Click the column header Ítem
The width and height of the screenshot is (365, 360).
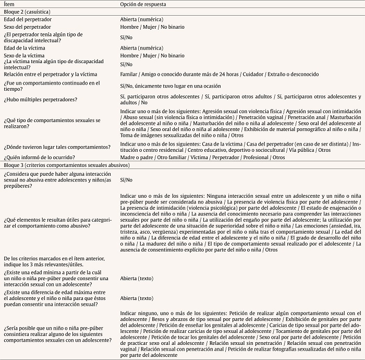click(9, 4)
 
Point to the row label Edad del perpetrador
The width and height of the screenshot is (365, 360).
click(28, 19)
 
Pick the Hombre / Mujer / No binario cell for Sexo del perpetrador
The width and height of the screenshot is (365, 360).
click(152, 27)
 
